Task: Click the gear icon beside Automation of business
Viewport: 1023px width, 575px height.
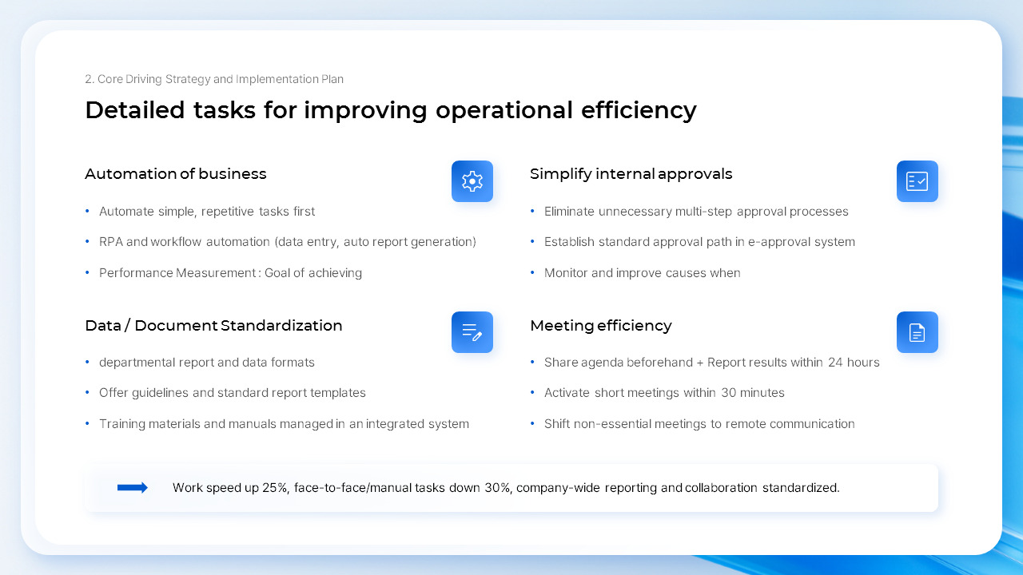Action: click(x=472, y=181)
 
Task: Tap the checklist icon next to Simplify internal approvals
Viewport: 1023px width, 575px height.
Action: click(x=917, y=181)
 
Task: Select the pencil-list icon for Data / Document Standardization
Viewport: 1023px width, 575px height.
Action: click(x=472, y=332)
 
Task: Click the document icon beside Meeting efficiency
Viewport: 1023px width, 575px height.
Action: click(x=917, y=332)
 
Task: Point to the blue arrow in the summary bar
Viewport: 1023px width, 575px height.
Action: click(x=133, y=488)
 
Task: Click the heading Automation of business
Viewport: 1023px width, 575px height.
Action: click(x=176, y=174)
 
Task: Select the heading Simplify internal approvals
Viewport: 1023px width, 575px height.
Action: click(x=631, y=174)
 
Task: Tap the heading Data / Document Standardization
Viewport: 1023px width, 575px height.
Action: click(x=213, y=326)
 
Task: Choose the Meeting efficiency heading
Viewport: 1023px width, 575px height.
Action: click(x=600, y=326)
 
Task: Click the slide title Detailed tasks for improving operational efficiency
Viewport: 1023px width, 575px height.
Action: click(x=390, y=110)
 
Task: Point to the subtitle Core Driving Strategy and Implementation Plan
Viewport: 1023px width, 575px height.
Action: click(x=214, y=79)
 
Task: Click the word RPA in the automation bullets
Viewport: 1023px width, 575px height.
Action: click(x=111, y=242)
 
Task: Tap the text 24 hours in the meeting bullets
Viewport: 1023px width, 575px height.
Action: click(x=854, y=363)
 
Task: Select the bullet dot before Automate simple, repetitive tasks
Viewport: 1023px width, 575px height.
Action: click(x=87, y=212)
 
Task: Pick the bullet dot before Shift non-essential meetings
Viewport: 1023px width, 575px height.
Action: click(x=532, y=424)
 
